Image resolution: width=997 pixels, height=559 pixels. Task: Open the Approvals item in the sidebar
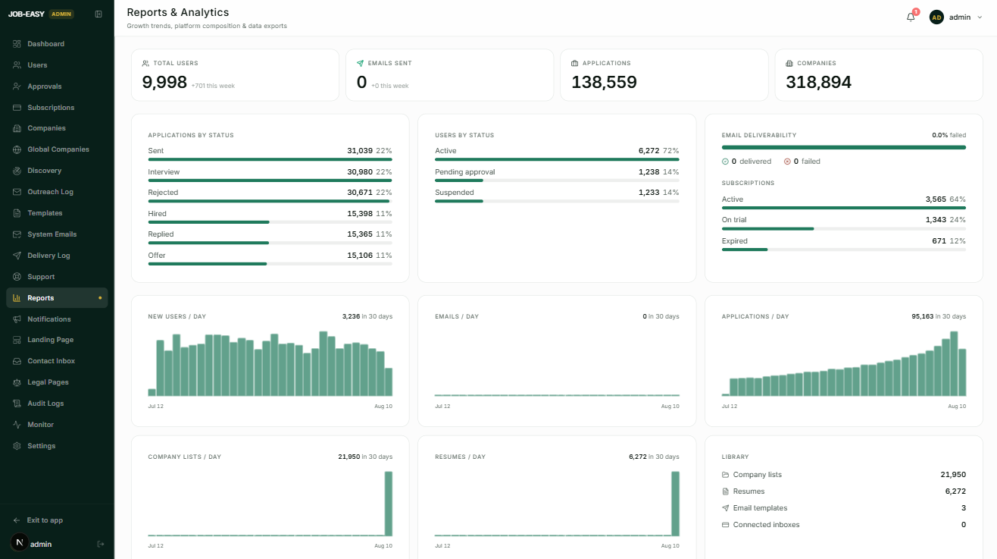pyautogui.click(x=45, y=86)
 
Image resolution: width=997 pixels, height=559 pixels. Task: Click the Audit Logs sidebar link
pyautogui.click(x=45, y=404)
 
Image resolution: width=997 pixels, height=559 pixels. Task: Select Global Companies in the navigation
pyautogui.click(x=58, y=149)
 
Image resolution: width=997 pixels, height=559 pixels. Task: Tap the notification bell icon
pyautogui.click(x=911, y=17)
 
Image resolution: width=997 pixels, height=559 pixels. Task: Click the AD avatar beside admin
pyautogui.click(x=936, y=17)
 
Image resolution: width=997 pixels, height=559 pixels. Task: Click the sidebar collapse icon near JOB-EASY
pyautogui.click(x=98, y=14)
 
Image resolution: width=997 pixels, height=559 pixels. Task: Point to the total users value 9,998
pyautogui.click(x=164, y=82)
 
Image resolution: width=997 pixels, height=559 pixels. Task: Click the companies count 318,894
pyautogui.click(x=818, y=82)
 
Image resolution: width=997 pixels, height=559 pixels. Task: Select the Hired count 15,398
pyautogui.click(x=360, y=214)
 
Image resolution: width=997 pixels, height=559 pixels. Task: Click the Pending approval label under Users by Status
pyautogui.click(x=464, y=172)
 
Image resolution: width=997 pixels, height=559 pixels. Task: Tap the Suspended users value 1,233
pyautogui.click(x=649, y=193)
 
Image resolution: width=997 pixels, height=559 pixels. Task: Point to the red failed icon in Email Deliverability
pyautogui.click(x=787, y=162)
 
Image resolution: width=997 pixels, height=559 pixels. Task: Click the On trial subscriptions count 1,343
pyautogui.click(x=936, y=220)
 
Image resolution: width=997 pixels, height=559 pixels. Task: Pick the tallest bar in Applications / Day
pyautogui.click(x=954, y=363)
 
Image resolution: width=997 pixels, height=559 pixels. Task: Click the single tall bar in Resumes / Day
pyautogui.click(x=675, y=504)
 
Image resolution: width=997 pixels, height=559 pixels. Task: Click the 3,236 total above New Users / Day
pyautogui.click(x=351, y=316)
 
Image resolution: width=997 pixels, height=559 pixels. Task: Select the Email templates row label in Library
pyautogui.click(x=760, y=508)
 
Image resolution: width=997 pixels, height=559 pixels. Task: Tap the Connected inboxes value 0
pyautogui.click(x=963, y=525)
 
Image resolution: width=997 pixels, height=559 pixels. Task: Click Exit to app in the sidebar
pyautogui.click(x=45, y=520)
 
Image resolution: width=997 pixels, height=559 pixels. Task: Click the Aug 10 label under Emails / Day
pyautogui.click(x=670, y=406)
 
